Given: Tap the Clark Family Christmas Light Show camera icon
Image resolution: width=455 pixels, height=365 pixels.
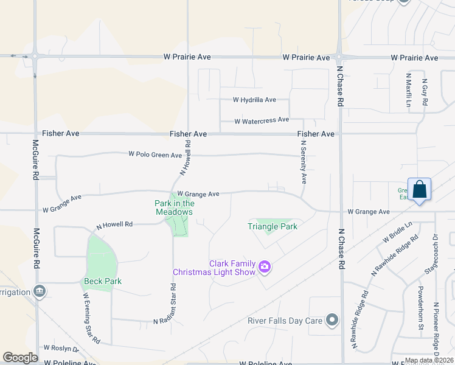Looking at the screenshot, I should [x=264, y=266].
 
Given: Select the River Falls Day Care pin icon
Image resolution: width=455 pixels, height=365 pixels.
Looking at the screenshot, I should [x=332, y=319].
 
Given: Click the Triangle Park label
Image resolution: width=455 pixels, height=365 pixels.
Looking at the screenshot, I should [x=273, y=226].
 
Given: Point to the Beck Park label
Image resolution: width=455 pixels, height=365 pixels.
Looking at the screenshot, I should [x=102, y=281].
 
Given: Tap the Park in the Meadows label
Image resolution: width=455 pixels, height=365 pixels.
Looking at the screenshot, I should [x=174, y=207].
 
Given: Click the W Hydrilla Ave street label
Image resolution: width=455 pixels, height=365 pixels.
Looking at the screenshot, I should [x=254, y=100].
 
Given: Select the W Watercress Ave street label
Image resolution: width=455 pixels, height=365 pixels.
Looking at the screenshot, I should [x=262, y=120].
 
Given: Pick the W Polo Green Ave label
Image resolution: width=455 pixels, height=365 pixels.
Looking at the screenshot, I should [x=155, y=155].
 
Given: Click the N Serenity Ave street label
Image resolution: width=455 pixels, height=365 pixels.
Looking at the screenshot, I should [x=304, y=162].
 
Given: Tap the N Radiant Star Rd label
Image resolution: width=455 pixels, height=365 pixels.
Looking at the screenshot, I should [x=173, y=302].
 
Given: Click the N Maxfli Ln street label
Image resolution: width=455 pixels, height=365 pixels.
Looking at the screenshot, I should [x=409, y=91].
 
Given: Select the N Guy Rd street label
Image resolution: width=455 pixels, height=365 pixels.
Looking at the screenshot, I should [x=425, y=92].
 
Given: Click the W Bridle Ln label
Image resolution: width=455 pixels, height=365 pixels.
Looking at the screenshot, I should [x=397, y=232].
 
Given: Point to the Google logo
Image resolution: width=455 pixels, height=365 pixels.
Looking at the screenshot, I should [x=20, y=358].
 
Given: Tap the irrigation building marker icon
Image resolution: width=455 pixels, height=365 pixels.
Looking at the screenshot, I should [x=40, y=291].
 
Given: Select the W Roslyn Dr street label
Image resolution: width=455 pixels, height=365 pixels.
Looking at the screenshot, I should [x=61, y=348].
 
